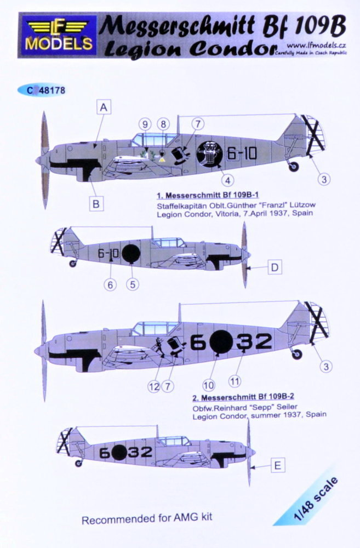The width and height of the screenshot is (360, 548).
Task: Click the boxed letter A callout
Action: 102,109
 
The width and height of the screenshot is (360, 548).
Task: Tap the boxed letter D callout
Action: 275,268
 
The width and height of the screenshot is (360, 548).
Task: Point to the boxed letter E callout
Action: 277,466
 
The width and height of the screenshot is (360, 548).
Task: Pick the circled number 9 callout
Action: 145,124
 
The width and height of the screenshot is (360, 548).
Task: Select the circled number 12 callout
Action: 153,387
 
